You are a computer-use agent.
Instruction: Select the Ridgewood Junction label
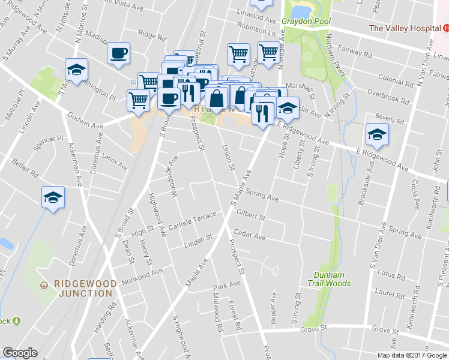[x=83, y=288]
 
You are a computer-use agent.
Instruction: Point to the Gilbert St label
[x=250, y=213]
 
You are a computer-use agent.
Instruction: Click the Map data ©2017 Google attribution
[x=412, y=355]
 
